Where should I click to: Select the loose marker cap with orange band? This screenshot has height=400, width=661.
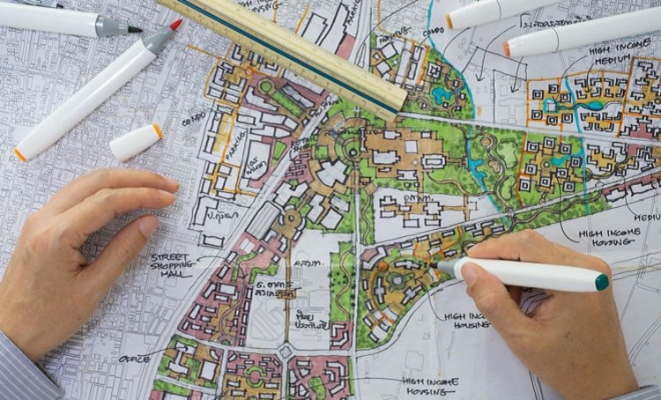click(x=136, y=141)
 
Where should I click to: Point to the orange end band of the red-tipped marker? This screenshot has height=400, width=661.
click(x=19, y=153)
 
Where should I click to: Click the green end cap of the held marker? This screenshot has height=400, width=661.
click(x=602, y=282)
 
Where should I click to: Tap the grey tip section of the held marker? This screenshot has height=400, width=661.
click(x=446, y=266)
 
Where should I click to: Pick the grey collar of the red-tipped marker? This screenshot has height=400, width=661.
click(x=158, y=37)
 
